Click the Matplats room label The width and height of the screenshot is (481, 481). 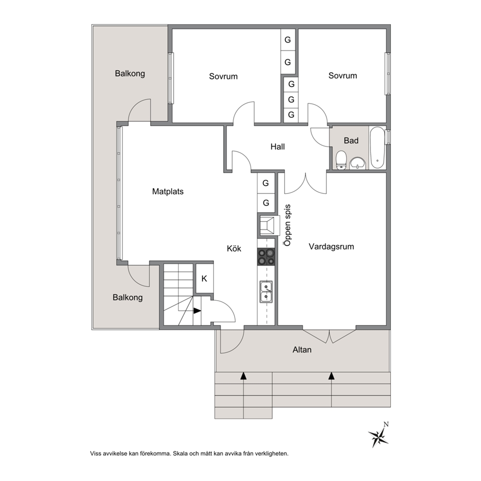pos(168,192)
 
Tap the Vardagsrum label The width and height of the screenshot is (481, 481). pos(331,247)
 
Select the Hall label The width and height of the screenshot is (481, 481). pos(278,146)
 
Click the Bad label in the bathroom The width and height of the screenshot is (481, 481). pos(351,141)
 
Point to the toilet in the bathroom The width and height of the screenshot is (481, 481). pos(341,160)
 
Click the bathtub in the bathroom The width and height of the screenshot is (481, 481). pos(377,148)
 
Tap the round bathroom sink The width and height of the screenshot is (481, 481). pos(358,163)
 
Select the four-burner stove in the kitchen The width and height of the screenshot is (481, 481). pos(266,257)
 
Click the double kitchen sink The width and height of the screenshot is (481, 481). pos(266,292)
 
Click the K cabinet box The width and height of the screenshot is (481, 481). pos(204,278)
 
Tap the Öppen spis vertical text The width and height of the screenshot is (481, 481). pos(288,225)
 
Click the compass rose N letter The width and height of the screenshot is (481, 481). pos(386,425)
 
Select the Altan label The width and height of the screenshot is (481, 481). pos(302,350)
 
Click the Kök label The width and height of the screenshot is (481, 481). pos(234,248)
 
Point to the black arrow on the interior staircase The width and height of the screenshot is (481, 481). pos(197,311)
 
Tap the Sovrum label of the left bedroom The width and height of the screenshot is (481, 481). pos(224,77)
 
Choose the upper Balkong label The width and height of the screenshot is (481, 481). pos(130,74)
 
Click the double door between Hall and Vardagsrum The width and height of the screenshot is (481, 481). pos(305,184)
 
